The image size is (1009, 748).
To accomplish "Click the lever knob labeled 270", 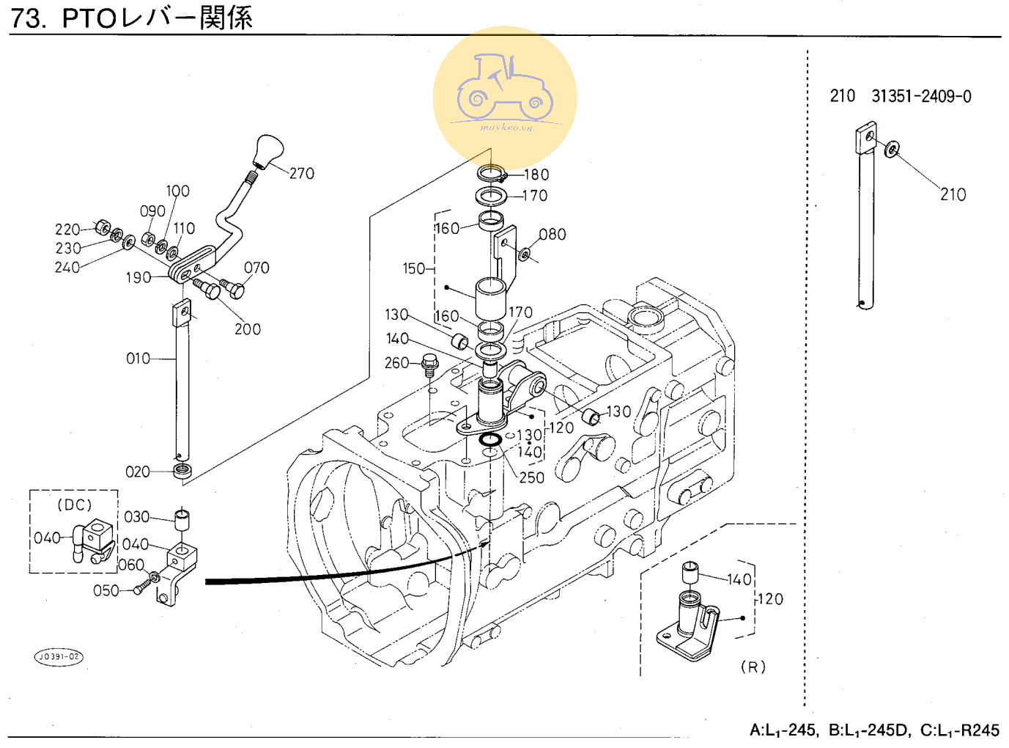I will point(268,150).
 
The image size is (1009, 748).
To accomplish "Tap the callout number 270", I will point(301,174).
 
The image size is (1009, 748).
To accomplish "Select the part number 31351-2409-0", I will point(921,97).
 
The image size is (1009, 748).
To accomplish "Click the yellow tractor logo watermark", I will point(505,97).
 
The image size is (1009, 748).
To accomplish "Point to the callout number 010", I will point(138,359).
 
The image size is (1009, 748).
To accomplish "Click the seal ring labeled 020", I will point(182,470).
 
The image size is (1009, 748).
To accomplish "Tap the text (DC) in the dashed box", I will point(74,505).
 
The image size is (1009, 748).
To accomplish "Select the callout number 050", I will point(106,591).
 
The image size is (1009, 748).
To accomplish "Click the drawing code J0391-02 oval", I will point(59,656).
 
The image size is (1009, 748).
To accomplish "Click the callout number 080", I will point(552,235).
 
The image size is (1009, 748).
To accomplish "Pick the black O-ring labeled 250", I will point(489,440).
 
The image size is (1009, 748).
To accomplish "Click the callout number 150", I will point(413,269).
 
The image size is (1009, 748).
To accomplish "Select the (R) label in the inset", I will point(753,667).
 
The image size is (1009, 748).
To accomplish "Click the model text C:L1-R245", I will point(960,730).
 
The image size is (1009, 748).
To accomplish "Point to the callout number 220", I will point(67,230).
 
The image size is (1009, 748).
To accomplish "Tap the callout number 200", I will point(248,329).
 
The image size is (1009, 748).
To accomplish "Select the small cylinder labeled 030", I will point(182,520).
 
